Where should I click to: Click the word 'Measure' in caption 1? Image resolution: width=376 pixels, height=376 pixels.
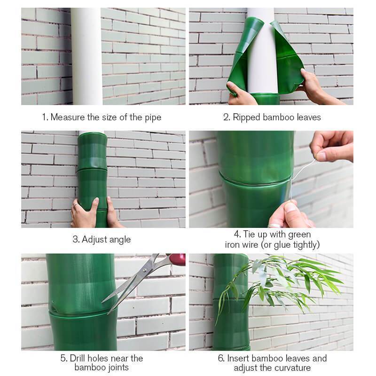[66, 117]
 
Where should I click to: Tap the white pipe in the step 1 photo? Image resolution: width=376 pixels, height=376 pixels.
[86, 56]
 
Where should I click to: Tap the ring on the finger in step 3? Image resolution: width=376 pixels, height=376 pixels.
[75, 205]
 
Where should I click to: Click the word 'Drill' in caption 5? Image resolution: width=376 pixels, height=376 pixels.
[80, 358]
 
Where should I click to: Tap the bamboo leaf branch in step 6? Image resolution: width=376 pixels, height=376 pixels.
[282, 282]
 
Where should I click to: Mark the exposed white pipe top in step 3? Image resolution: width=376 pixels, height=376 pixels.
[91, 133]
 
